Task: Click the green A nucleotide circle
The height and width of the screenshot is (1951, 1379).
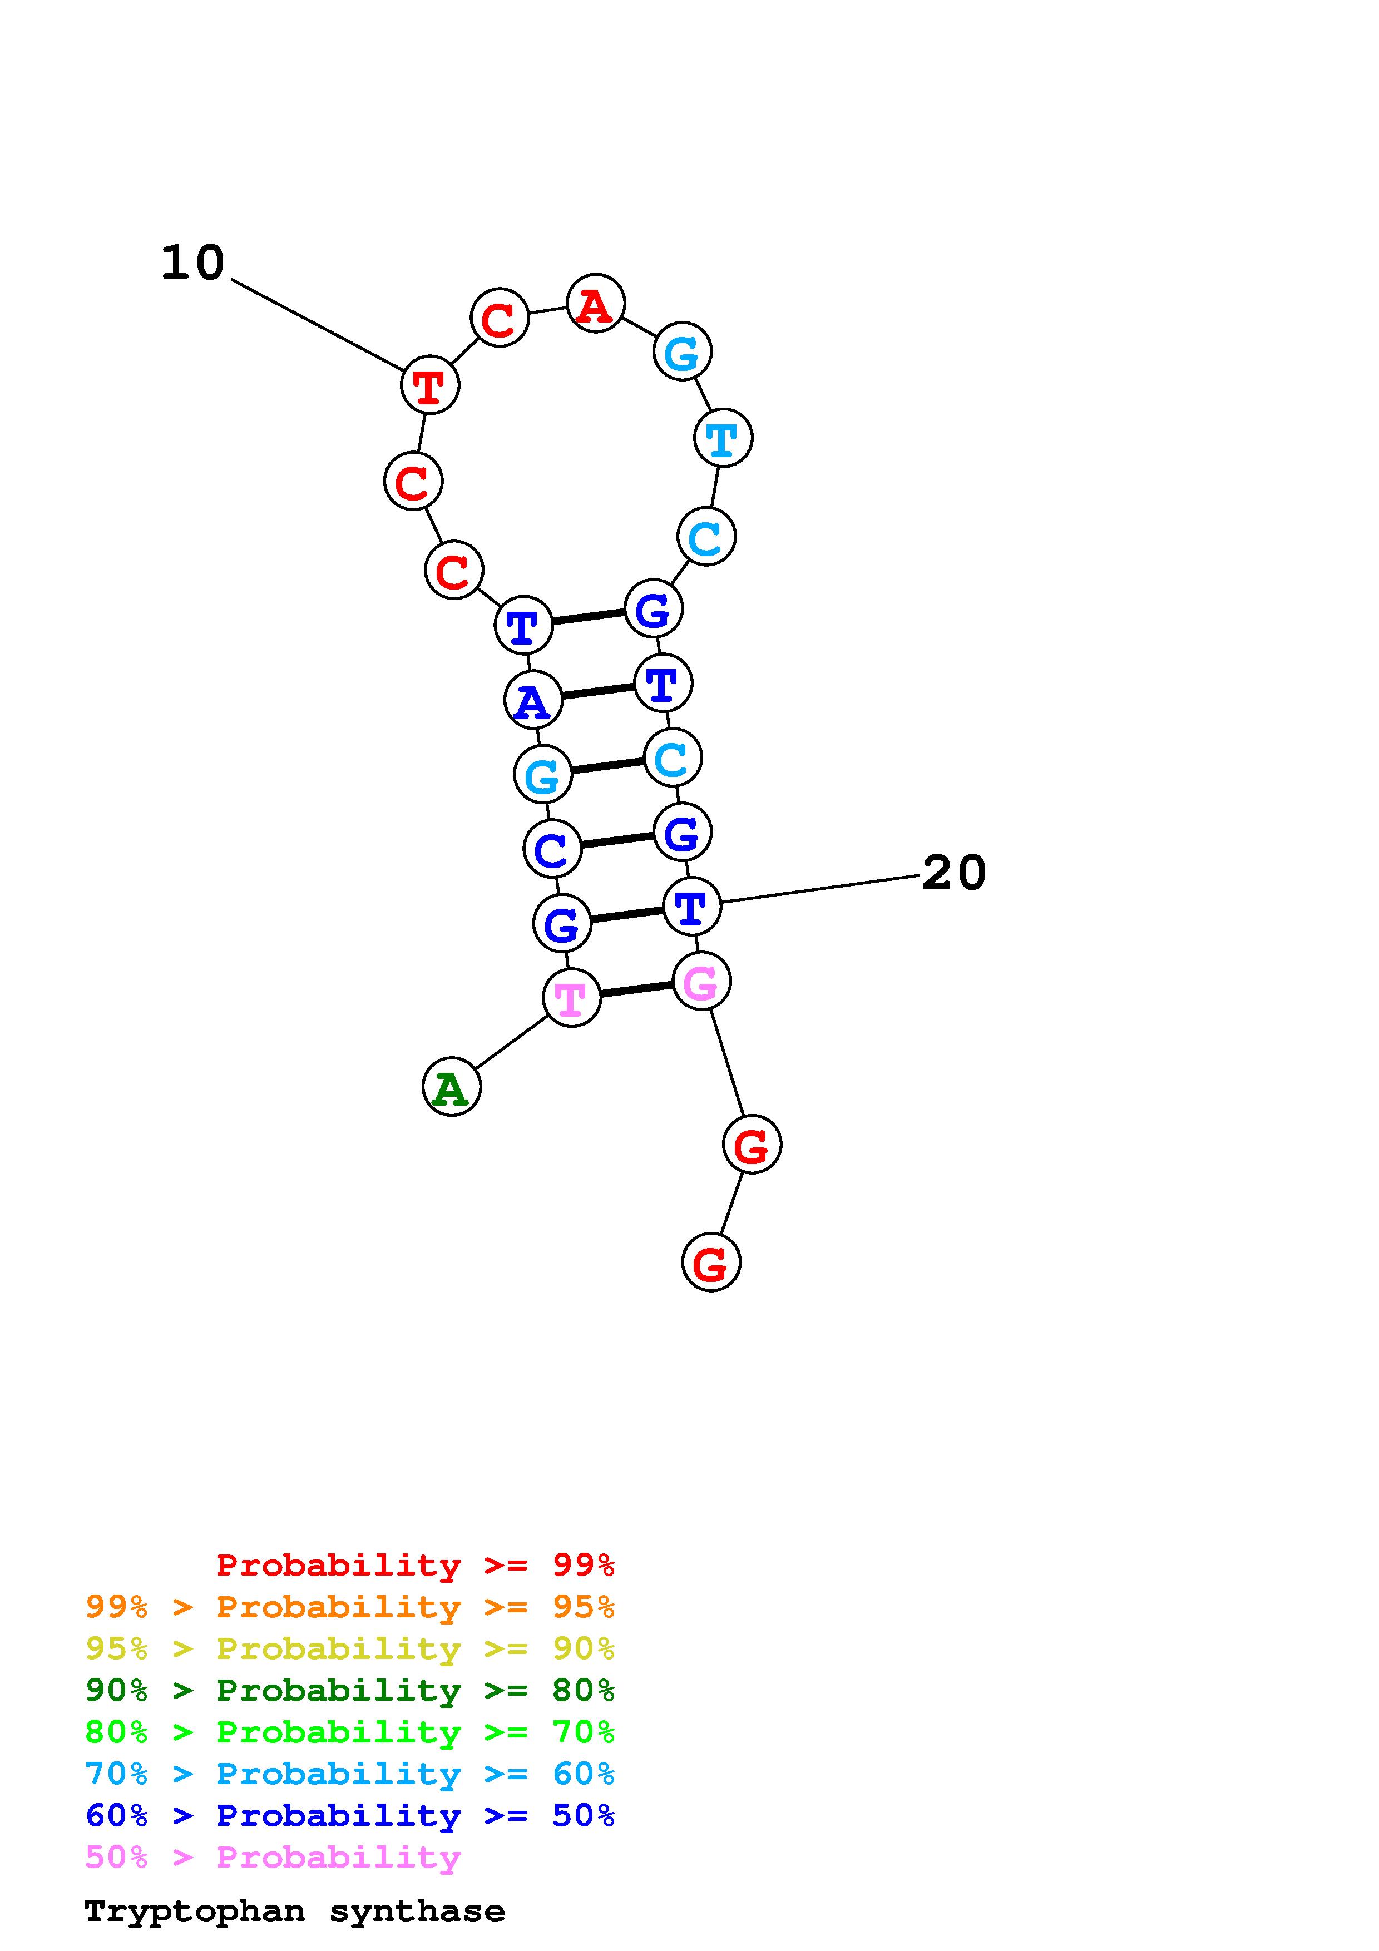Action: (451, 1086)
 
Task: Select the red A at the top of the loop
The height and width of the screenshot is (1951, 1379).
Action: (596, 303)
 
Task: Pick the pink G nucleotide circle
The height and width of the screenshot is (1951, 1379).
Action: (701, 982)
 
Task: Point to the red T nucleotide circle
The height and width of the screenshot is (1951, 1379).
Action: (430, 385)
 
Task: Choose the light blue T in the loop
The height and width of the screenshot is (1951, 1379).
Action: (723, 438)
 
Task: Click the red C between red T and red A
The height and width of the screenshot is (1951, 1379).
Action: (500, 318)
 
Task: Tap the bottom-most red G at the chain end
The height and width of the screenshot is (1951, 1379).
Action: (711, 1262)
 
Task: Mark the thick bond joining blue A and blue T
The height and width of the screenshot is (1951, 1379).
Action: (597, 692)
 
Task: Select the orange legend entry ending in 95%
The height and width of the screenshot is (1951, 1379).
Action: (350, 1607)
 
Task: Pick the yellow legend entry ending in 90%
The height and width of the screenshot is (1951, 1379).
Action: (350, 1648)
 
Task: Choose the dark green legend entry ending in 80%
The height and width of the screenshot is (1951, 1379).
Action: (350, 1690)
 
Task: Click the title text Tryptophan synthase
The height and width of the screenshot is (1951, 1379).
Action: (295, 1911)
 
